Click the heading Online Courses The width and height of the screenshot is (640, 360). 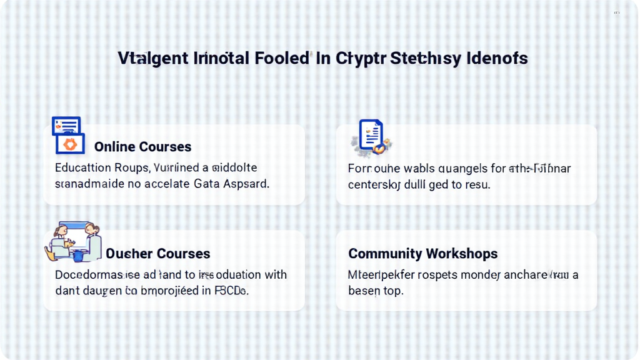point(142,147)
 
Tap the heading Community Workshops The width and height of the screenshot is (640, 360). point(422,254)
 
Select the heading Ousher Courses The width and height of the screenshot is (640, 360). point(157,254)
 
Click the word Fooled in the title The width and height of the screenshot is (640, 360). point(282,59)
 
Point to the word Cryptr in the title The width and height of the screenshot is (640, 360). point(361,59)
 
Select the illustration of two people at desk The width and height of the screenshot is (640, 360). point(73,242)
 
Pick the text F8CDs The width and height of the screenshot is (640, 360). point(231,291)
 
